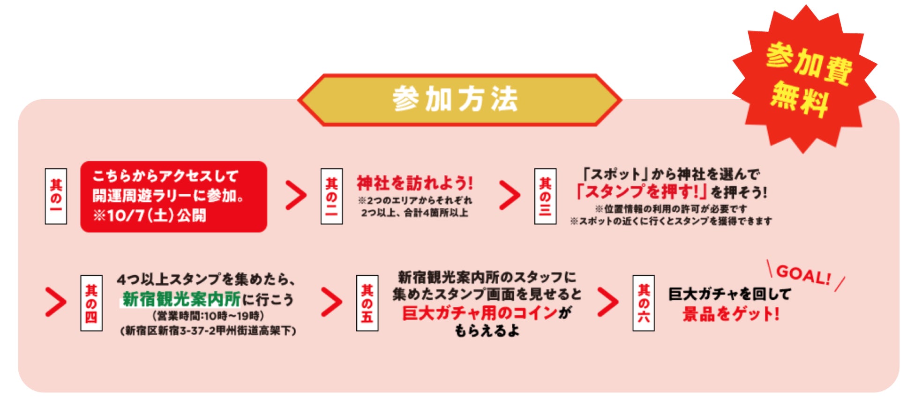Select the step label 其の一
(x=56, y=196)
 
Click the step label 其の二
(x=331, y=196)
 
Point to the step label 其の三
(x=545, y=196)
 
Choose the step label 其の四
(x=91, y=303)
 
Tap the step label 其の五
(x=367, y=303)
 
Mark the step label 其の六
(x=644, y=303)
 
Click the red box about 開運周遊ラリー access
(x=173, y=196)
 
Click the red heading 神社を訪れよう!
(x=415, y=183)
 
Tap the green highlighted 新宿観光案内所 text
(x=181, y=298)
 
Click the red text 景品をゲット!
(x=730, y=314)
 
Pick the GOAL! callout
(x=803, y=275)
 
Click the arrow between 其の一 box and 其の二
(x=296, y=195)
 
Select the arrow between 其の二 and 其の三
(x=509, y=195)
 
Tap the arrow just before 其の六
(x=608, y=302)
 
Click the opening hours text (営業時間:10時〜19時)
(x=208, y=316)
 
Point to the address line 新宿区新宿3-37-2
(x=208, y=331)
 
